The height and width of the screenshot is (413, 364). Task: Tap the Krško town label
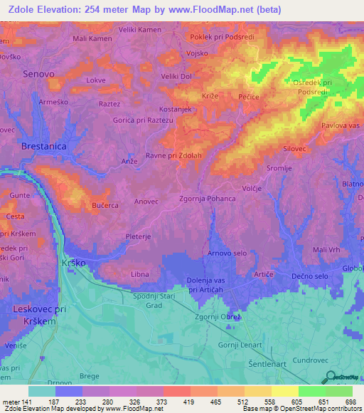pyautogui.click(x=77, y=263)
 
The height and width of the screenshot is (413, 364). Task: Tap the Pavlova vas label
pyautogui.click(x=338, y=126)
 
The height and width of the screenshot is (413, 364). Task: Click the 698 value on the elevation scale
pyautogui.click(x=350, y=401)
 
